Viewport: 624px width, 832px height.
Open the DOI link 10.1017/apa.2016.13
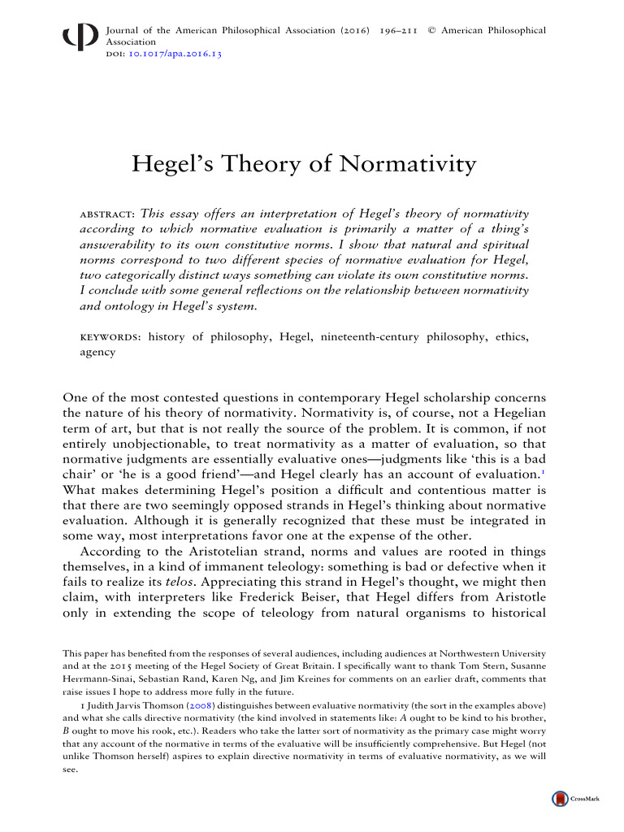(x=175, y=54)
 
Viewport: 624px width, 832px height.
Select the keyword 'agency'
(x=97, y=353)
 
